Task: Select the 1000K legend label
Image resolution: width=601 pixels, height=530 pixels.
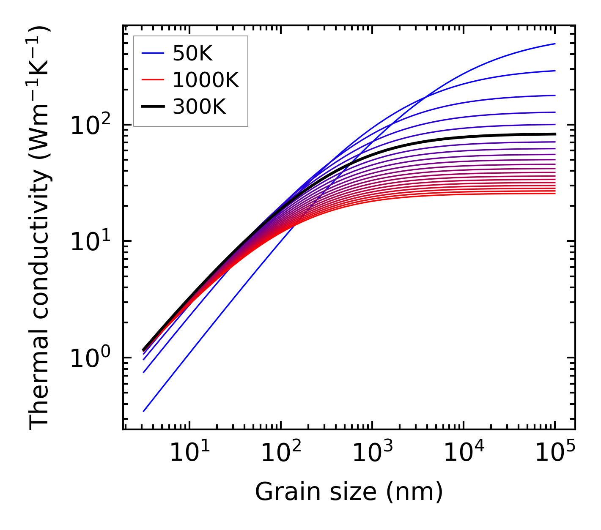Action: coord(206,80)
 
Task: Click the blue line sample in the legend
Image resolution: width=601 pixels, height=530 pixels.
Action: coord(153,53)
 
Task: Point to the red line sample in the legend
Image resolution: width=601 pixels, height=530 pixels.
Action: coord(153,80)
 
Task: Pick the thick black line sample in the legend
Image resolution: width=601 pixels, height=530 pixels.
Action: coord(153,107)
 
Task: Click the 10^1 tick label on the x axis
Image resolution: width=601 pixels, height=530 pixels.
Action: coord(189,453)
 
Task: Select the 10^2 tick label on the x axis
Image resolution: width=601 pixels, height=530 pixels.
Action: coord(280,453)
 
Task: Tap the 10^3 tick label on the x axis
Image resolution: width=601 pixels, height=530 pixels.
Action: coord(372,453)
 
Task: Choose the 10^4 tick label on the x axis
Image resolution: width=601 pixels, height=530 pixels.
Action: coord(464,453)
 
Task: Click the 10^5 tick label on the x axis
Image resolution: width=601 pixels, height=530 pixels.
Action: coord(555,453)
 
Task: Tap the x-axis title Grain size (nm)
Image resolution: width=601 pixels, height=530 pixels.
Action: coord(349,492)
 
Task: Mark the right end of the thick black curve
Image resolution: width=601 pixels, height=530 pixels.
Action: coord(554,134)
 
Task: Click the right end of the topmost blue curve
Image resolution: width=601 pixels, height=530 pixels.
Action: coord(554,44)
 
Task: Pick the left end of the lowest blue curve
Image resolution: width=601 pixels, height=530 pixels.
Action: coord(144,411)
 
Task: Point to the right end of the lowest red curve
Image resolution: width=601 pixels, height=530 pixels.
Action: coord(554,193)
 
